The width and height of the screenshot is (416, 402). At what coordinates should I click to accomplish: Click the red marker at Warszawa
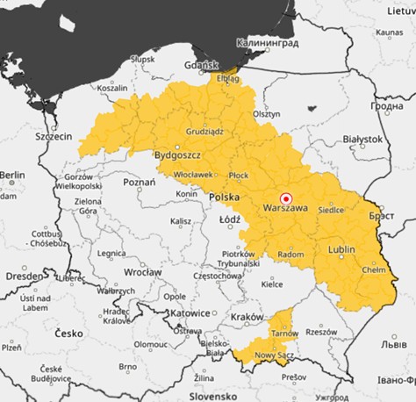(283, 198)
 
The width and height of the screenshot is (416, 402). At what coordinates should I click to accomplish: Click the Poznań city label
(140, 182)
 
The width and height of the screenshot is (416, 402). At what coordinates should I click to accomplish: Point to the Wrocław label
(142, 273)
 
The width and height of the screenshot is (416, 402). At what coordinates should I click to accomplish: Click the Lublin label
(341, 250)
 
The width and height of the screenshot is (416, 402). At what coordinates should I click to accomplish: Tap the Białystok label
(362, 139)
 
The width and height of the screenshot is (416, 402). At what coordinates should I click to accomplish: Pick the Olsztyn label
(266, 114)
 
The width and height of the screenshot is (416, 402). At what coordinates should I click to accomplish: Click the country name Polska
(225, 197)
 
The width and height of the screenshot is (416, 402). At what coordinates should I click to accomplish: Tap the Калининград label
(268, 41)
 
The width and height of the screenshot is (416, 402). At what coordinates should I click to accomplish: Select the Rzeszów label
(321, 332)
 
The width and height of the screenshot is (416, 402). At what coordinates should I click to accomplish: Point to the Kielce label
(273, 284)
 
